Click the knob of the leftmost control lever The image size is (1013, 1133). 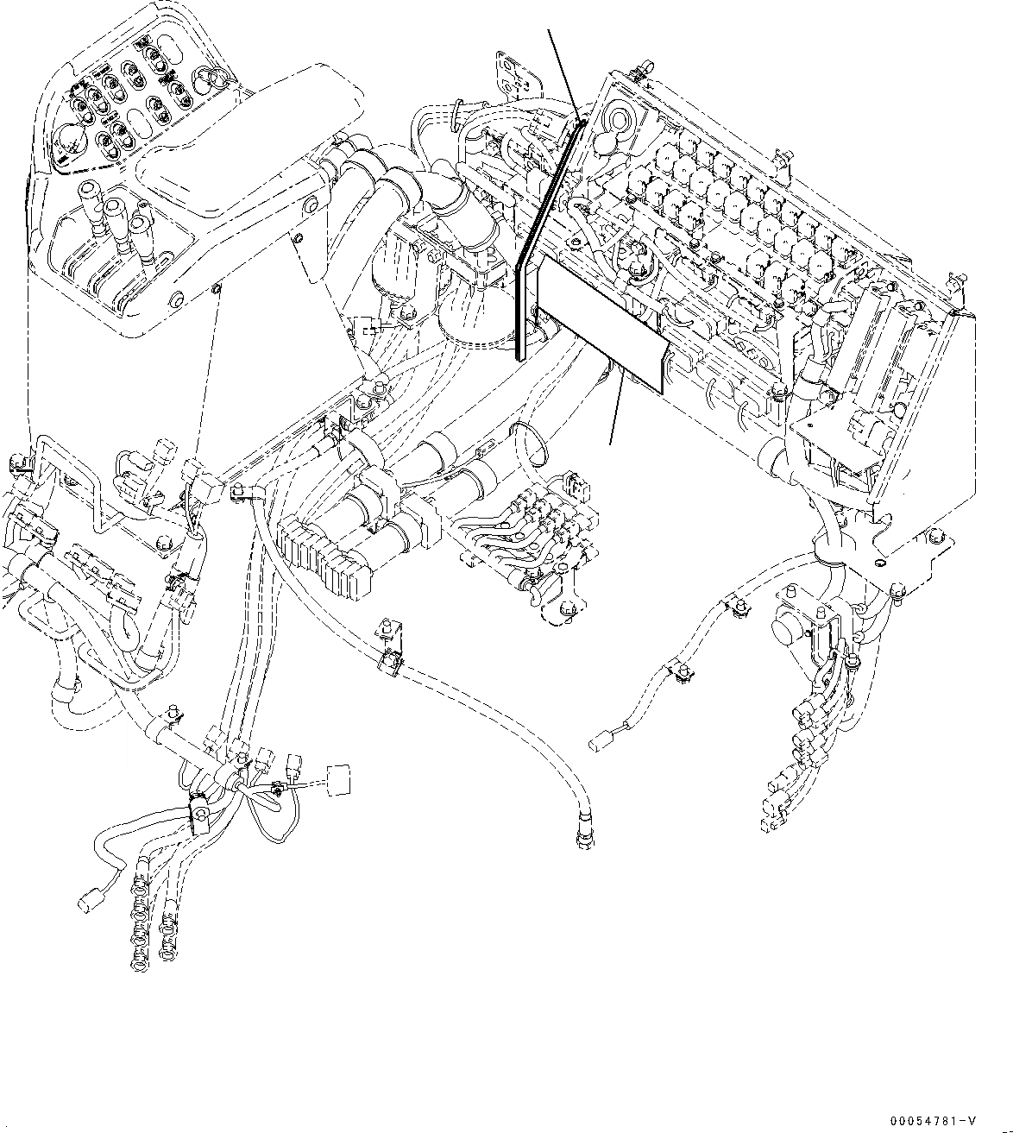pyautogui.click(x=89, y=191)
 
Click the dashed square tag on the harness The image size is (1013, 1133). pyautogui.click(x=340, y=778)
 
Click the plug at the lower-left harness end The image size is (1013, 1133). pyautogui.click(x=87, y=901)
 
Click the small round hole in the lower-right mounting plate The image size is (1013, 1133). pyautogui.click(x=878, y=563)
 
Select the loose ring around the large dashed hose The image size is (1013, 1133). pyautogui.click(x=532, y=440)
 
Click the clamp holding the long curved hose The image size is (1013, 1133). pyautogui.click(x=390, y=658)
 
